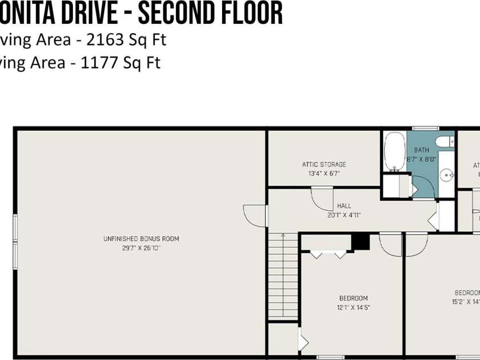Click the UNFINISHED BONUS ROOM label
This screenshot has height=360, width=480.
[x=141, y=239]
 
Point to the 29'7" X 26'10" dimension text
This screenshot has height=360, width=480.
[x=141, y=248]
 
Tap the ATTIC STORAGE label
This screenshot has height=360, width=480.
[x=324, y=165]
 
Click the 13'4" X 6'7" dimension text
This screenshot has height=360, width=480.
[x=324, y=173]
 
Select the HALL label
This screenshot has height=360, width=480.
[x=344, y=206]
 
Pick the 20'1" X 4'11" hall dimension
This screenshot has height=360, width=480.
[x=344, y=215]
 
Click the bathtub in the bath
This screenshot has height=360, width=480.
[x=394, y=151]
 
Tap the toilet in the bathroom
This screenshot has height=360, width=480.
[x=443, y=141]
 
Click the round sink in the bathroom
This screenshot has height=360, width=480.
[x=446, y=174]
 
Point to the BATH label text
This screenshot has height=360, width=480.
[x=421, y=151]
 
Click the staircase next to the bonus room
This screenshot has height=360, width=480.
[x=283, y=276]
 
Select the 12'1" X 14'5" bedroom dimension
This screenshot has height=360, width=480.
[x=354, y=307]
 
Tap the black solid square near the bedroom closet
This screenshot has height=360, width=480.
[x=360, y=242]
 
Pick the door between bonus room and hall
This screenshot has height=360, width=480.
[x=255, y=215]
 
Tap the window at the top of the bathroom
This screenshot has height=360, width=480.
[x=421, y=128]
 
